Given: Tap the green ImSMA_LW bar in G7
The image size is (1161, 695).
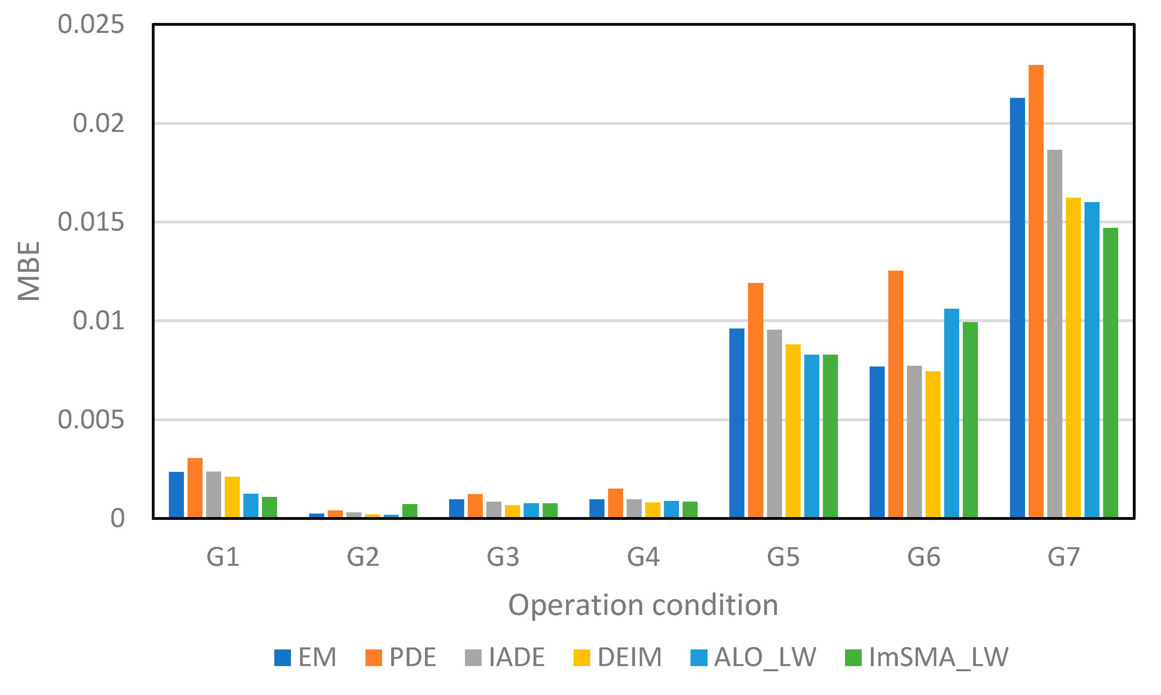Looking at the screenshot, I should click(1110, 373).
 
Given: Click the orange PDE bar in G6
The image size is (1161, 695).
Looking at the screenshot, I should click(896, 394).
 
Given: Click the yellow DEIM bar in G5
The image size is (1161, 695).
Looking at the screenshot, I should click(793, 431).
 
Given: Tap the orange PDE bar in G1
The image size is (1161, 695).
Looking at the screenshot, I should click(195, 487).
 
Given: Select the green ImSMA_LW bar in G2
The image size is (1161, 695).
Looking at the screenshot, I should click(410, 510).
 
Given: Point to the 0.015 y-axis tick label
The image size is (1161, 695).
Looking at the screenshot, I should click(91, 222).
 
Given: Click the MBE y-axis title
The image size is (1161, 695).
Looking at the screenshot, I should click(29, 271).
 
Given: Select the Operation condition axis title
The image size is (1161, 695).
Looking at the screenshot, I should click(643, 605).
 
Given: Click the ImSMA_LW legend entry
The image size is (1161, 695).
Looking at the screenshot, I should click(927, 657).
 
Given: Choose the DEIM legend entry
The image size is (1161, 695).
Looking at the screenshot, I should click(618, 657).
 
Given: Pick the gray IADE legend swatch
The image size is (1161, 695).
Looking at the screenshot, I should click(473, 657).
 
